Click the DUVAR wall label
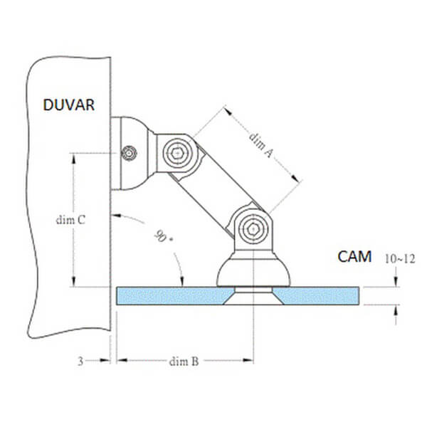pyautogui.click(x=69, y=105)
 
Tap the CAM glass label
pyautogui.click(x=354, y=256)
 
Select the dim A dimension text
pyautogui.click(x=260, y=145)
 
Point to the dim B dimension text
pyautogui.click(x=184, y=362)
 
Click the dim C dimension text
pyautogui.click(x=70, y=220)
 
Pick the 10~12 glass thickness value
pyautogui.click(x=400, y=259)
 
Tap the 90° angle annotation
pyautogui.click(x=163, y=236)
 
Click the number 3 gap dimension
pyautogui.click(x=80, y=361)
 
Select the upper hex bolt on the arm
pyautogui.click(x=177, y=154)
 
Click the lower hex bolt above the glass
pyautogui.click(x=253, y=228)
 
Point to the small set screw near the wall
pyautogui.click(x=129, y=153)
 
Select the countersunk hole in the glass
pyautogui.click(x=253, y=295)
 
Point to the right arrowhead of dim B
pyautogui.click(x=248, y=360)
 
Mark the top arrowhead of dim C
pyautogui.click(x=73, y=158)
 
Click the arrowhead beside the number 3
pyautogui.click(x=105, y=360)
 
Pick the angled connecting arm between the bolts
pyautogui.click(x=216, y=191)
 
